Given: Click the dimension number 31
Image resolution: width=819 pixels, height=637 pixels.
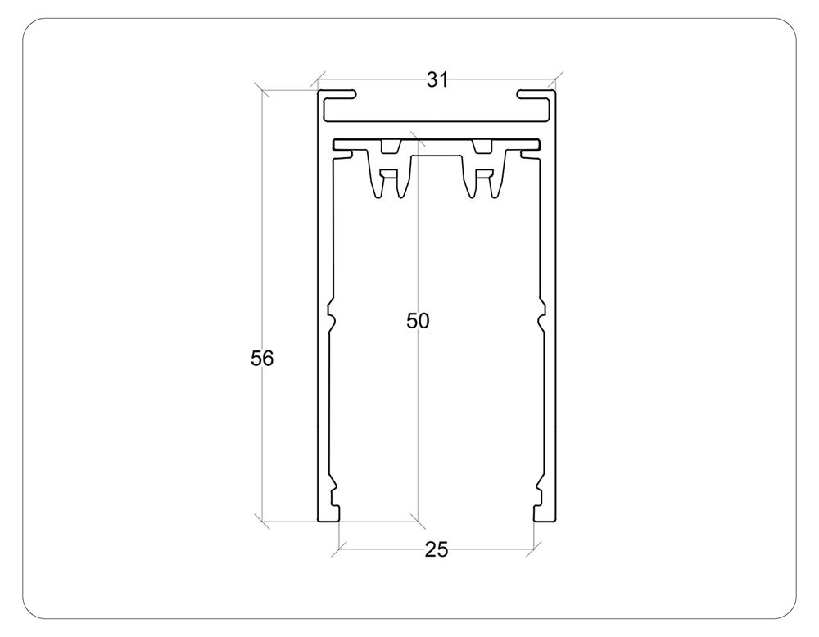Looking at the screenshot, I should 437,79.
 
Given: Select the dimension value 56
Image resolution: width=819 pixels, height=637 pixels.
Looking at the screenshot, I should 262,358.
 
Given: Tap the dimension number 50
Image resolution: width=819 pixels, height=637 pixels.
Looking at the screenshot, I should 418,321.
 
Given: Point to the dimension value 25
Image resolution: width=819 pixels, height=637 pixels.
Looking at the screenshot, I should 437,550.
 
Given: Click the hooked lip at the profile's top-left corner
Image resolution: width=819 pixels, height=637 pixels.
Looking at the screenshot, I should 337,96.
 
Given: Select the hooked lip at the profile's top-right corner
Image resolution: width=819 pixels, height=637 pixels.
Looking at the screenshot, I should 536,96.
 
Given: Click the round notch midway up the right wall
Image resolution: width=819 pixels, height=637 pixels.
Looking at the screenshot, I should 541,316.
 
